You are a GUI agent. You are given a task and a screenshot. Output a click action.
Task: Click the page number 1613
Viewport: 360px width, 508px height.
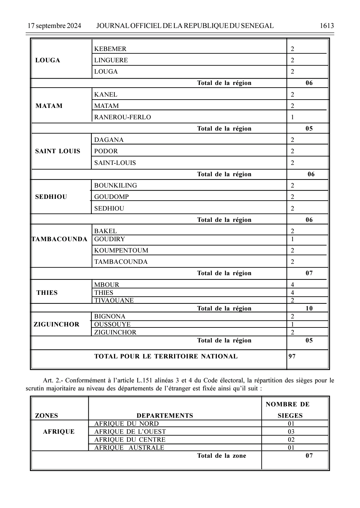[x=327, y=26]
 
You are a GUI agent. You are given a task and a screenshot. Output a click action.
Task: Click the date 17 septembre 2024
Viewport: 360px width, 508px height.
[x=54, y=26]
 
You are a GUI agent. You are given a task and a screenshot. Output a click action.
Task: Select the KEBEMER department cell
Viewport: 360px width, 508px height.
[x=110, y=49]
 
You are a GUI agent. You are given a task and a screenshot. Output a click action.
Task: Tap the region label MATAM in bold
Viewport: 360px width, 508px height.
[x=49, y=106]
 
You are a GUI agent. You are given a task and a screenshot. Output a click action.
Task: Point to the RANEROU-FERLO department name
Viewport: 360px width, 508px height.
[x=122, y=117]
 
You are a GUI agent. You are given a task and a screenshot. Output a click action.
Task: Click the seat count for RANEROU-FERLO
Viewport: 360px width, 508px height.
[x=292, y=117]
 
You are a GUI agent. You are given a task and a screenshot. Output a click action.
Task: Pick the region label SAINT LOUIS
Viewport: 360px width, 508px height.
[x=58, y=151]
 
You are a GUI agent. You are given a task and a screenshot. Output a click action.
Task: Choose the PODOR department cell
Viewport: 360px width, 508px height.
[x=106, y=151]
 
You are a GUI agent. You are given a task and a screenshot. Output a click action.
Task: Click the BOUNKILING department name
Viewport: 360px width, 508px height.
[x=115, y=186]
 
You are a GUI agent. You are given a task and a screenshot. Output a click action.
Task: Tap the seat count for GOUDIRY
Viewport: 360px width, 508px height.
[x=292, y=239]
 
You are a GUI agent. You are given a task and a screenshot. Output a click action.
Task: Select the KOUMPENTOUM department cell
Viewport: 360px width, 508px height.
[x=121, y=251]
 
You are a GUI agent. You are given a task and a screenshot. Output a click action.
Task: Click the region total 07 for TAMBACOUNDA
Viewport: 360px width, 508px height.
[x=309, y=273]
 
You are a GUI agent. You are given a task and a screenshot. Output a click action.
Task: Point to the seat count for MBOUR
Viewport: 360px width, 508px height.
[x=292, y=285]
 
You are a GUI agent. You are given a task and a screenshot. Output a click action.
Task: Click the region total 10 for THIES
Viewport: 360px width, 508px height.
[x=309, y=308]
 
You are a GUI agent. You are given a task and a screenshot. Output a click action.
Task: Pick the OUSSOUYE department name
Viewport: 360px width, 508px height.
[x=112, y=324]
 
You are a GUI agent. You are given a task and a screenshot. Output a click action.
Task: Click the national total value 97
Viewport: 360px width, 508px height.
[x=292, y=356]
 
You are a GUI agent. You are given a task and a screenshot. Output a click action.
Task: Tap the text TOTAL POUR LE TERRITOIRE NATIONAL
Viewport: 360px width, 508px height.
[x=166, y=356]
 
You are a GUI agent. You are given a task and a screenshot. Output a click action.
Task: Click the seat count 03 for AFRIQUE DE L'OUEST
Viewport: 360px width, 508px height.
[x=291, y=432]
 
